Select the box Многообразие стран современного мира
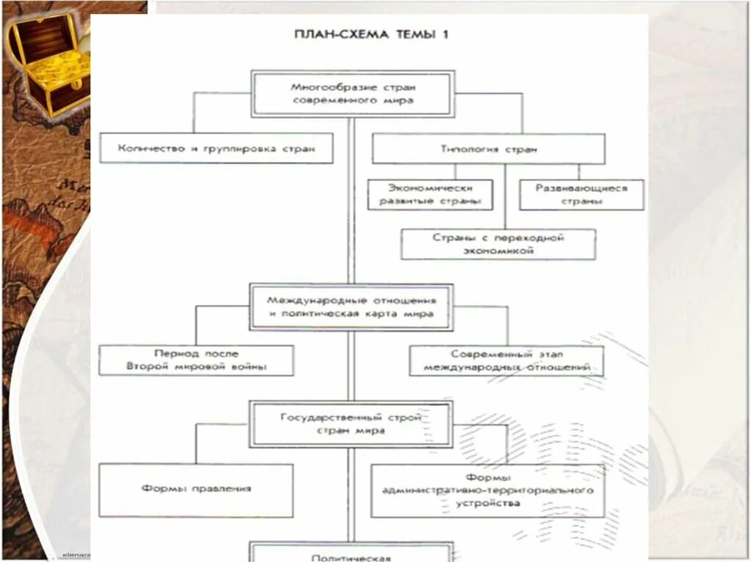pyautogui.click(x=352, y=93)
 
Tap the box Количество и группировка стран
pyautogui.click(x=216, y=148)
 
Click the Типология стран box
pyautogui.click(x=488, y=149)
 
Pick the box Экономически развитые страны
pyautogui.click(x=430, y=195)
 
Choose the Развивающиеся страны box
pyautogui.click(x=582, y=195)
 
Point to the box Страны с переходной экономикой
pyautogui.click(x=498, y=244)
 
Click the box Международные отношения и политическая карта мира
pyautogui.click(x=351, y=307)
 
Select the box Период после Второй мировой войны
pyautogui.click(x=197, y=360)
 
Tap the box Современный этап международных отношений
pyautogui.click(x=506, y=360)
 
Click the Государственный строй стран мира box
pyautogui.click(x=351, y=424)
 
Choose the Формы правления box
pyautogui.click(x=196, y=489)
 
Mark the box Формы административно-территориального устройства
pyautogui.click(x=488, y=490)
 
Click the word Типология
pyautogui.click(x=466, y=149)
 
